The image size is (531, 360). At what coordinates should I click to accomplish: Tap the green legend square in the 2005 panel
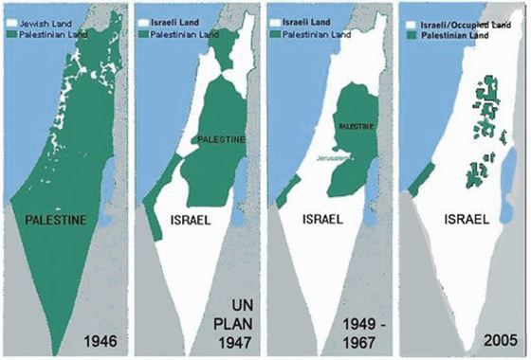point(412,29)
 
